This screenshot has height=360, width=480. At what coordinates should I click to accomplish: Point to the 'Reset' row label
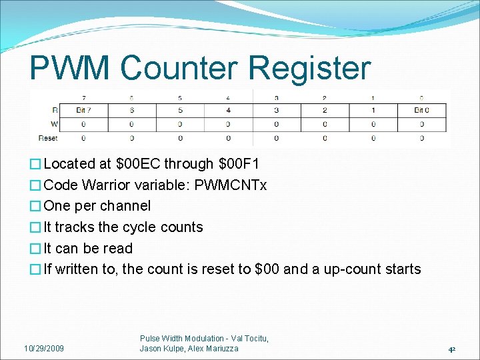point(47,138)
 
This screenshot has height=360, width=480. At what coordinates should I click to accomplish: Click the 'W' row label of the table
point(53,124)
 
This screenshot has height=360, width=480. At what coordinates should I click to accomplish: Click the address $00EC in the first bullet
point(137,164)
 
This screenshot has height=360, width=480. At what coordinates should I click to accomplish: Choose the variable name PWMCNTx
point(231,185)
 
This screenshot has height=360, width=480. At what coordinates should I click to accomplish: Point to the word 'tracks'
point(75,227)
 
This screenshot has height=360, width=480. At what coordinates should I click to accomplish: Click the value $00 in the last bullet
point(267,269)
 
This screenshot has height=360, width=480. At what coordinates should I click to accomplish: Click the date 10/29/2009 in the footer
point(44,348)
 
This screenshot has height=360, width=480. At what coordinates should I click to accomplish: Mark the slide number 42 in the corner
point(451,349)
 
